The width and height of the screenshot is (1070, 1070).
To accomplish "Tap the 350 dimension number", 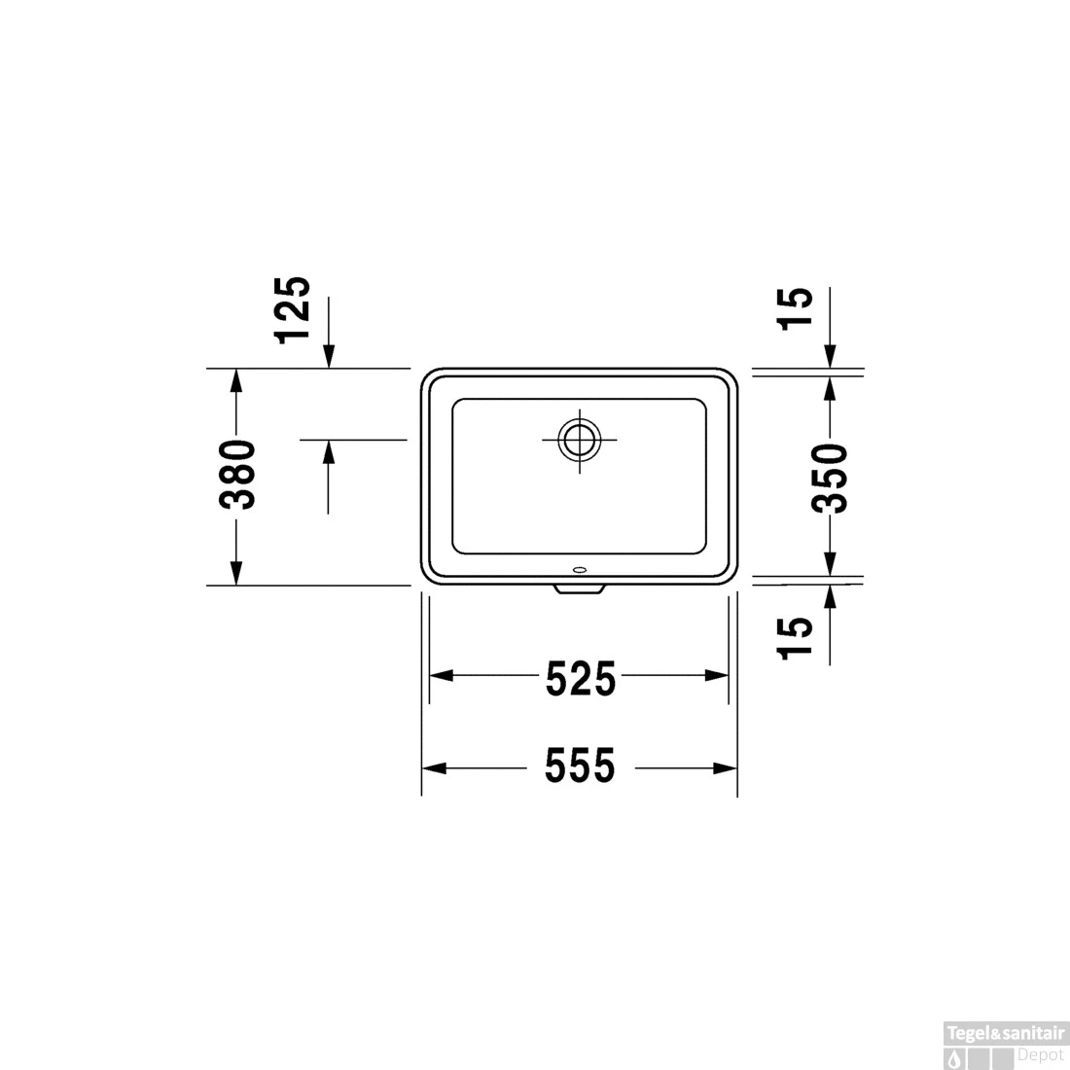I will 830,478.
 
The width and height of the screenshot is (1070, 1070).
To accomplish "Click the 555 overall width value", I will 580,767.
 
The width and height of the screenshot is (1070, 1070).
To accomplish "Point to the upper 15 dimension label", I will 797,309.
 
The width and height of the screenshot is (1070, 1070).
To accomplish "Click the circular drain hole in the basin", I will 579,440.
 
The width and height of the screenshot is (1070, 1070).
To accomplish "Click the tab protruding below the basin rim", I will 580,588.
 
